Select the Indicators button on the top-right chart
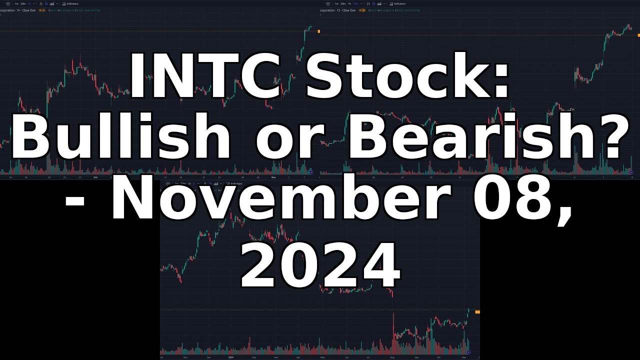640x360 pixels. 398,3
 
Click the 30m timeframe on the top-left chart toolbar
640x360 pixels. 23,3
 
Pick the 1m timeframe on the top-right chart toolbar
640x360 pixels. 336,3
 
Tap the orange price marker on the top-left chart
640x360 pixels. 318,31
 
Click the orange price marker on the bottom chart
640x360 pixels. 477,312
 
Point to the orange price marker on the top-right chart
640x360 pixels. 638,35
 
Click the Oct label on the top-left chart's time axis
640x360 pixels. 95,177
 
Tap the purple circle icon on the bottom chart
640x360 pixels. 468,352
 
